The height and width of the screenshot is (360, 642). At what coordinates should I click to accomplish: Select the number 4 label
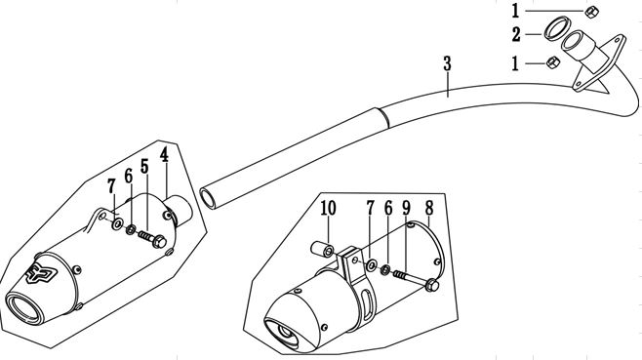165,154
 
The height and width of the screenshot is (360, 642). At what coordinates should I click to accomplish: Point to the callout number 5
143,167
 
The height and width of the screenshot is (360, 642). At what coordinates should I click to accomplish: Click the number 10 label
328,208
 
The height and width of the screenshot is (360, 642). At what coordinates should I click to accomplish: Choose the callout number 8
428,209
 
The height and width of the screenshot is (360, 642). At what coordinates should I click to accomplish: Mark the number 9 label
407,209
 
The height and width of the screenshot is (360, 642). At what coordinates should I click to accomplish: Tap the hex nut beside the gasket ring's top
590,11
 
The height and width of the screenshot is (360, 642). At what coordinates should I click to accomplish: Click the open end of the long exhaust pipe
208,196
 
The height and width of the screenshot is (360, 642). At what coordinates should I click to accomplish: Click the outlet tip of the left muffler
23,310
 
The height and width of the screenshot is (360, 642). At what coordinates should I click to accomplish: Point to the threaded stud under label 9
402,275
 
